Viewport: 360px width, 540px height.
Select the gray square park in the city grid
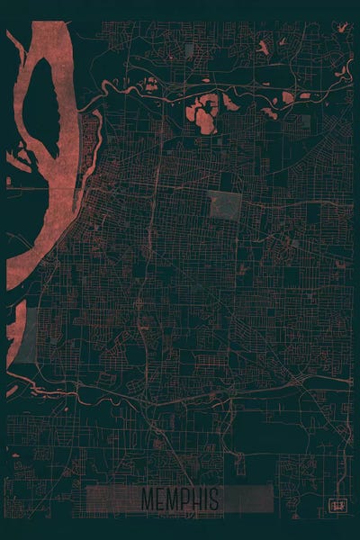225,206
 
